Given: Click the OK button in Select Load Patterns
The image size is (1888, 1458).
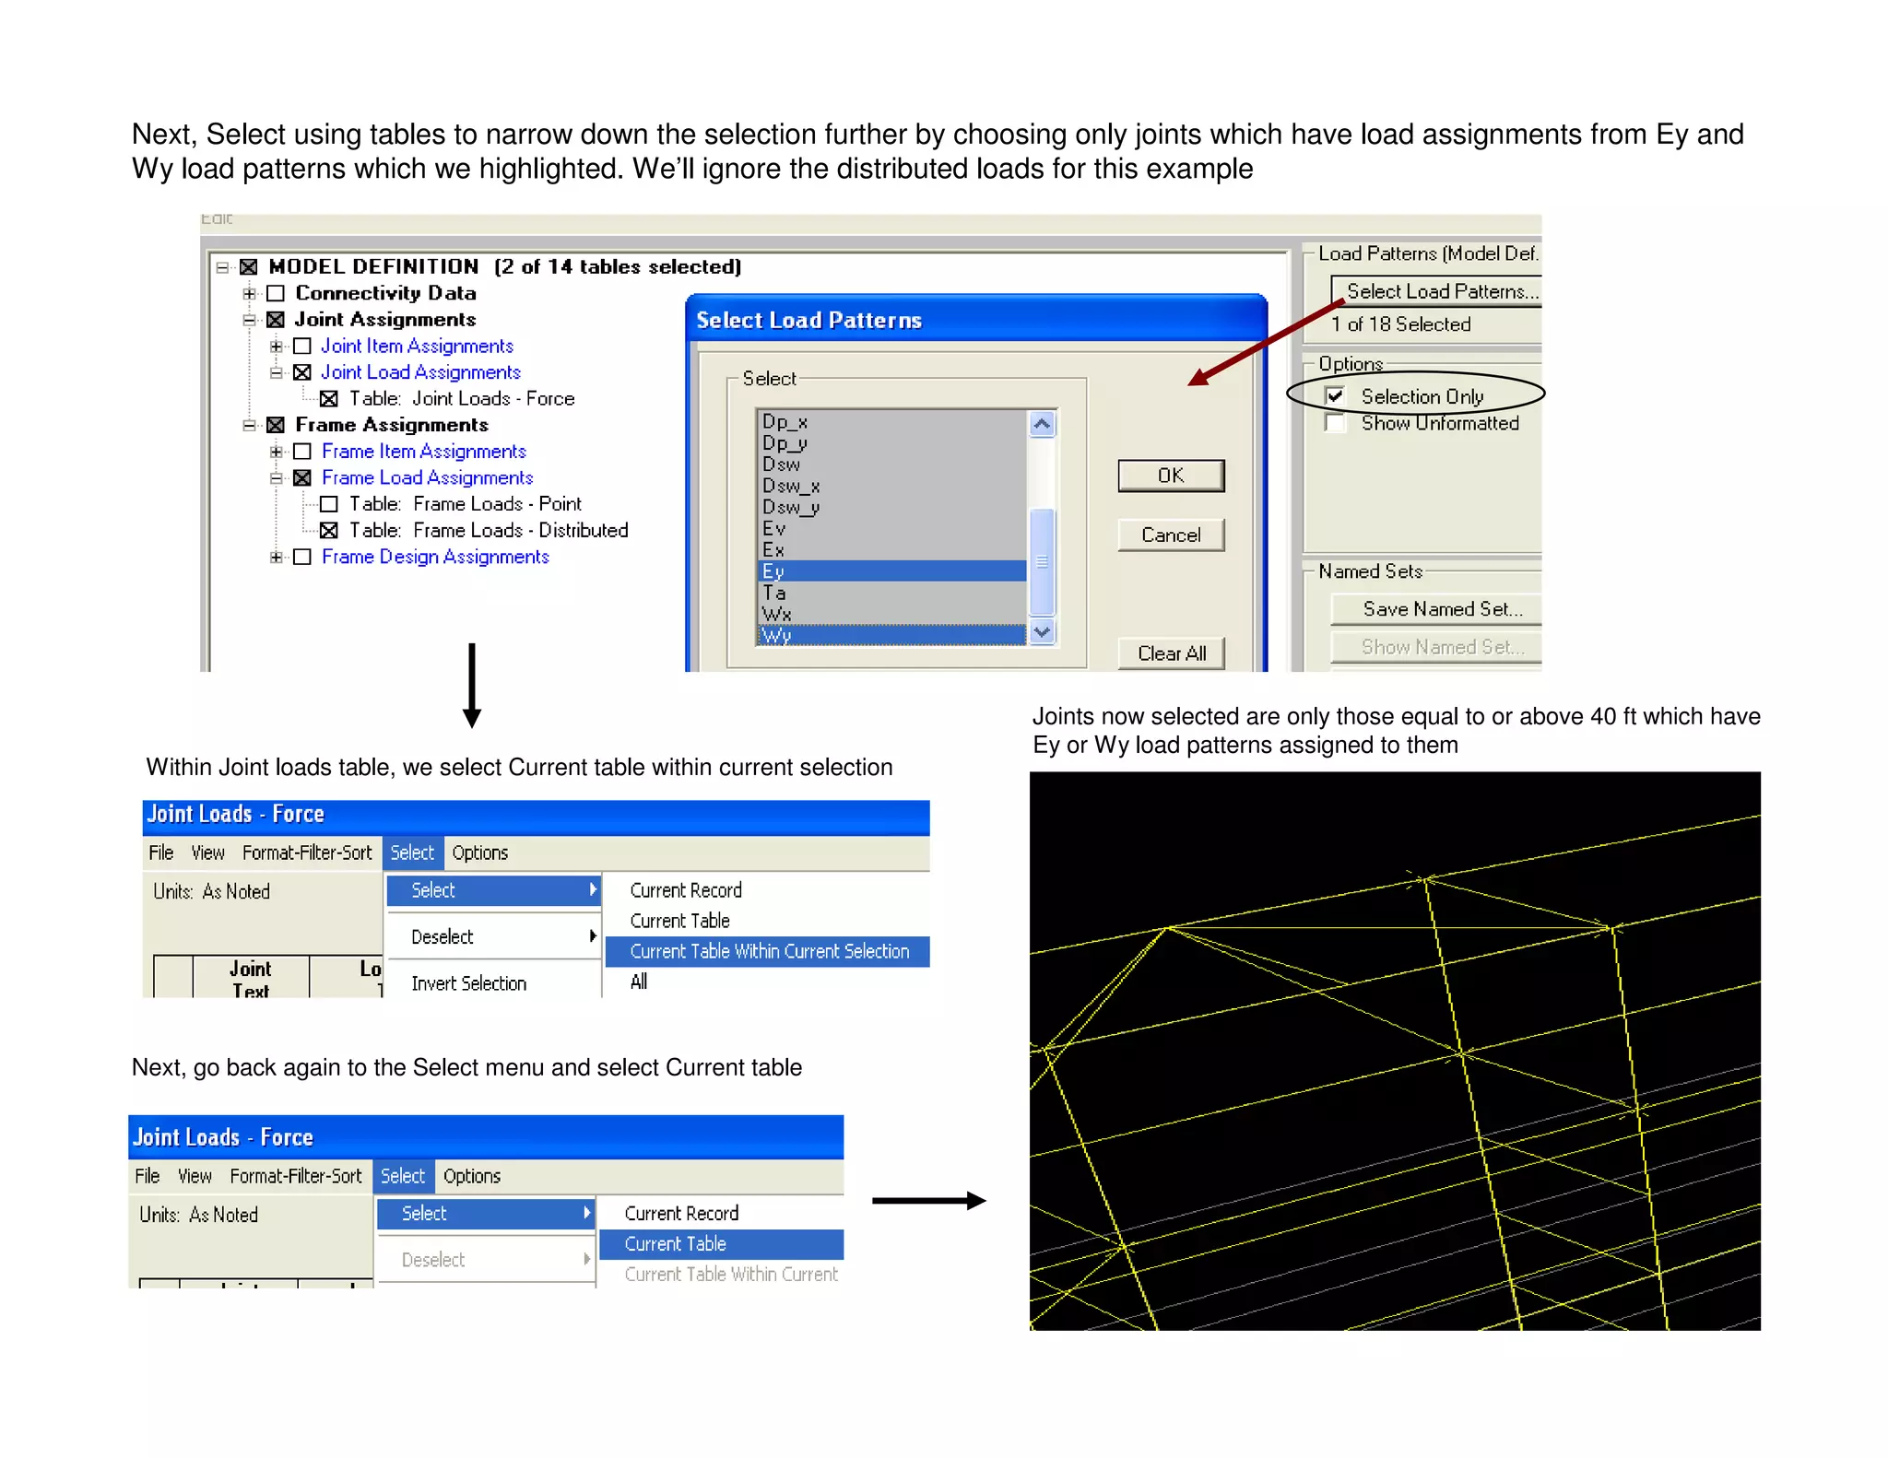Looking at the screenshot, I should tap(1170, 476).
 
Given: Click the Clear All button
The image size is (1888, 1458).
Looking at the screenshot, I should tap(1171, 653).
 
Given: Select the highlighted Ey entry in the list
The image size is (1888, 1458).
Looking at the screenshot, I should tap(891, 571).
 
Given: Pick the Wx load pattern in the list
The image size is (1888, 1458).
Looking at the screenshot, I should tap(777, 614).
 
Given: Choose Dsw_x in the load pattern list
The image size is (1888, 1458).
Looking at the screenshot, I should tap(790, 486).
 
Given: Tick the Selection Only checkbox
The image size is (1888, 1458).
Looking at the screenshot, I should tap(1334, 396).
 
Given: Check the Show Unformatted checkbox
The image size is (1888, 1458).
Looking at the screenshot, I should tap(1334, 423).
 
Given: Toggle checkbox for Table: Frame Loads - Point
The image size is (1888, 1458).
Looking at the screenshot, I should tap(329, 504).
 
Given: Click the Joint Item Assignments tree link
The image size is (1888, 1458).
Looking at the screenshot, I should tap(417, 347).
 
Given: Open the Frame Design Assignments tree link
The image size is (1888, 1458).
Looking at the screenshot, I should tap(435, 558).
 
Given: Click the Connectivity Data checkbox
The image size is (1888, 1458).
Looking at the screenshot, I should tap(276, 293).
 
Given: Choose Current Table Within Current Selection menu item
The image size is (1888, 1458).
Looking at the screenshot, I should tap(768, 951).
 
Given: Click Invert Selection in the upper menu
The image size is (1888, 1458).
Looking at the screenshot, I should tap(468, 983).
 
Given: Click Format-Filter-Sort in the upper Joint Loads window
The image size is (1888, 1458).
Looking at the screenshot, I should tap(306, 852).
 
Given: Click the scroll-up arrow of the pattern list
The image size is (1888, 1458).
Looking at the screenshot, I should tap(1042, 424).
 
